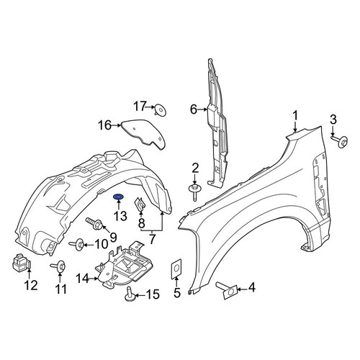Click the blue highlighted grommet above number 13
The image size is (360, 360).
coord(118,197)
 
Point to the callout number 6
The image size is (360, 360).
coord(194,109)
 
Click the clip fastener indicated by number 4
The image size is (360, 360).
coord(227,290)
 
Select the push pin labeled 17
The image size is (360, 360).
coord(161,110)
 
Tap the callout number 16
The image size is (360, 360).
coord(105,125)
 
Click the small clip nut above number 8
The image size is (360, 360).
coord(140,204)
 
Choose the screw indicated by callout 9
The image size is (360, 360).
coord(95,222)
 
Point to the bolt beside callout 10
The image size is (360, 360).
coord(77,245)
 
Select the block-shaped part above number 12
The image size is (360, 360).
coord(21,262)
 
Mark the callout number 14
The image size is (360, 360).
coord(83,279)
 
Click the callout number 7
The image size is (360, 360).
coord(152,239)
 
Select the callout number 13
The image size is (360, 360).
coord(120,216)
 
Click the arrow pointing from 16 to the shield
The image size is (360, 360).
coord(117,125)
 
